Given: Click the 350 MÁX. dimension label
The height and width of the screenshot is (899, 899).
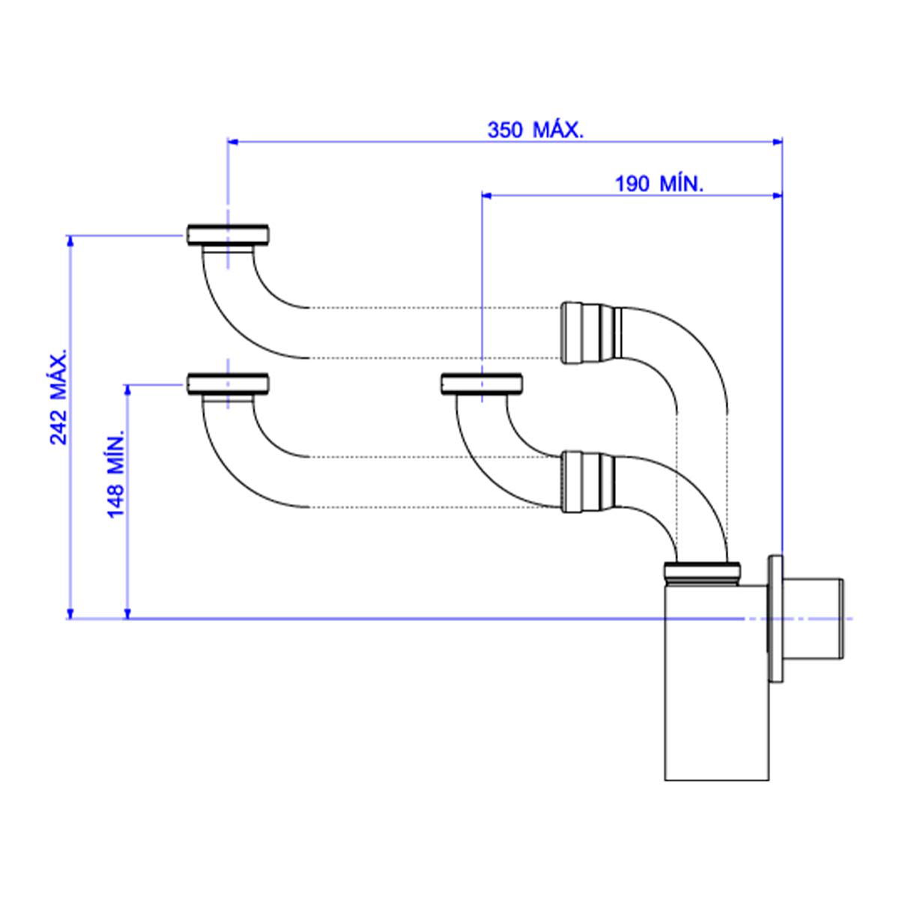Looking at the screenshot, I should point(535,130).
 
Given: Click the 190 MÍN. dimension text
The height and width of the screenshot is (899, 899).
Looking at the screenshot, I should point(659,184).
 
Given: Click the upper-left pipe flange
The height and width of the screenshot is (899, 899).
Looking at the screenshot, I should point(228,234).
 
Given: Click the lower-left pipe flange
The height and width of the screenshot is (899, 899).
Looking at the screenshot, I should point(228,384).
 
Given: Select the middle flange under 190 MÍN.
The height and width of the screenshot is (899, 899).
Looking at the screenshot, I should point(481,384).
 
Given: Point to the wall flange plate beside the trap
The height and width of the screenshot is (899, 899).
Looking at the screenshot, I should point(776,619).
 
